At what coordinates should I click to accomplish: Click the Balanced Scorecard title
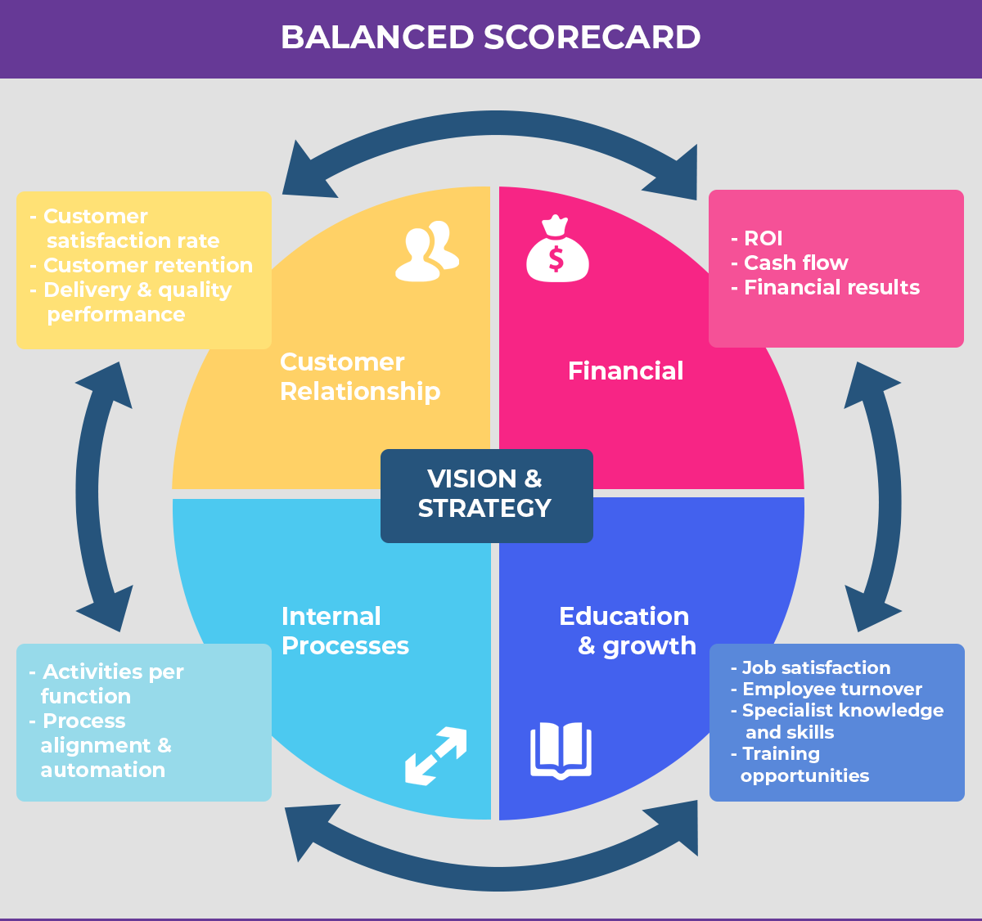click(490, 38)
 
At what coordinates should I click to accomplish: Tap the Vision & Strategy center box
click(486, 494)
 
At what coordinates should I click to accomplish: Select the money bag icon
click(556, 250)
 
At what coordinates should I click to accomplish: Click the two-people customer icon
click(426, 252)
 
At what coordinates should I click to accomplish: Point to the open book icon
click(561, 750)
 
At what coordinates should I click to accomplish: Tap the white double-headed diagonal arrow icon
click(435, 757)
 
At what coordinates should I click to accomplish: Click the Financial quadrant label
click(625, 371)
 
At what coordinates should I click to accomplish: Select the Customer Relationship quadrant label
click(360, 377)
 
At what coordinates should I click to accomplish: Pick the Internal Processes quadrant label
click(345, 631)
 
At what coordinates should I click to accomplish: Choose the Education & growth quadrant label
click(627, 631)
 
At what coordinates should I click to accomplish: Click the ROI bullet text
click(762, 239)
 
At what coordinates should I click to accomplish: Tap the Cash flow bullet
click(795, 263)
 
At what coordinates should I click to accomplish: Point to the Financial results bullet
click(831, 288)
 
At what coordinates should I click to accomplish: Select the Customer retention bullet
click(146, 266)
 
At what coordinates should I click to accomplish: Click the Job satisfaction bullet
click(815, 668)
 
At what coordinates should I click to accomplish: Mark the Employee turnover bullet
click(831, 690)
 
